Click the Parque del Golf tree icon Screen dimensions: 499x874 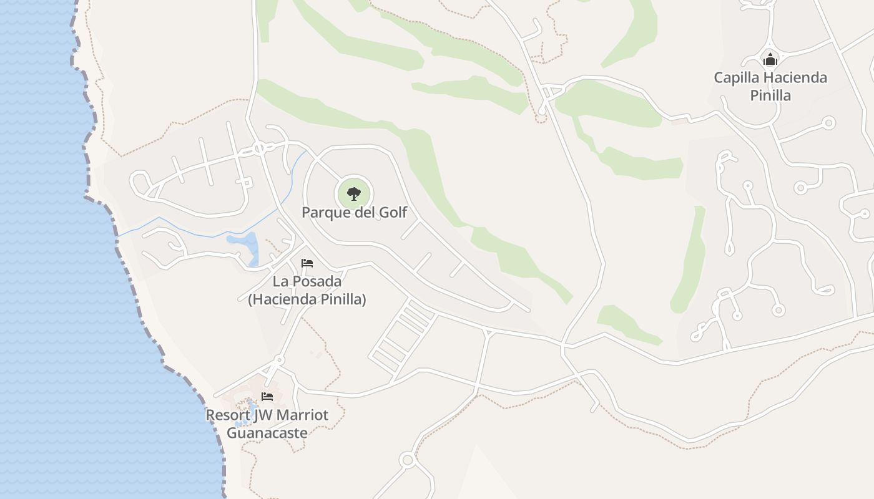tap(354, 193)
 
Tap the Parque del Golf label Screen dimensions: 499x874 tap(354, 213)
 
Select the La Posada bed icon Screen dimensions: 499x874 tap(307, 263)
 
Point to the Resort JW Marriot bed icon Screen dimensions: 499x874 tap(267, 397)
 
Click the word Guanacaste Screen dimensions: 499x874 tap(267, 433)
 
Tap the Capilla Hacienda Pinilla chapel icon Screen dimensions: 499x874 tap(770, 59)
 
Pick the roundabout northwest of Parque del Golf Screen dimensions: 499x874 tap(259, 148)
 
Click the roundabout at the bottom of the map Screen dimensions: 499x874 tap(408, 461)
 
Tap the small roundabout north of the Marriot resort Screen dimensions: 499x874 tap(279, 360)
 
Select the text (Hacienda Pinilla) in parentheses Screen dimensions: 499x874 tap(307, 299)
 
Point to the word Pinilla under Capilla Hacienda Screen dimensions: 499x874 tap(770, 95)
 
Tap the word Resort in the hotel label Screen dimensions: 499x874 tap(228, 415)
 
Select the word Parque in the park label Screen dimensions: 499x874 tap(325, 213)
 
